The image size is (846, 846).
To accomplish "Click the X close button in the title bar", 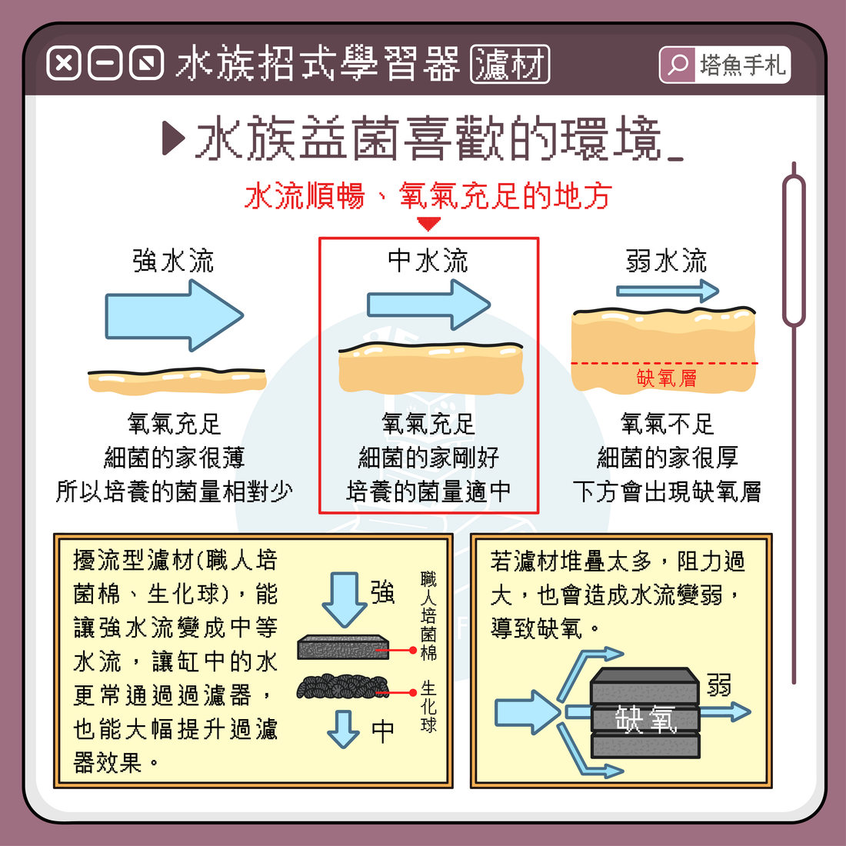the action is tap(64, 64).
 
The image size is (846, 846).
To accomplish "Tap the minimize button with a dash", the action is tap(105, 64).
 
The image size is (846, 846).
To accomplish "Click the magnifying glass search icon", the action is tap(677, 65).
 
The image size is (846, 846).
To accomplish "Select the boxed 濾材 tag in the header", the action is tap(510, 64).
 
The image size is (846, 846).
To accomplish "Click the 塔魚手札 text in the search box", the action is tap(742, 65).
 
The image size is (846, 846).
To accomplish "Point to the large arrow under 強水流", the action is tap(174, 315).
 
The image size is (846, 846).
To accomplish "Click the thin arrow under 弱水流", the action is tap(668, 291).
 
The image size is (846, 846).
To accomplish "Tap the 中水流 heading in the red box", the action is tap(428, 261).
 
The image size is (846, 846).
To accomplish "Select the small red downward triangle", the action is tap(429, 223).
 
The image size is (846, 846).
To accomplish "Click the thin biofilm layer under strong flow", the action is tap(177, 381).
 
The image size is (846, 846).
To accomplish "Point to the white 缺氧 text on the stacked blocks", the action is tap(646, 719).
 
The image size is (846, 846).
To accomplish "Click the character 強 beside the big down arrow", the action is tap(383, 592).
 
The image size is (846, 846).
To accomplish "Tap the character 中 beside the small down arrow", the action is tap(383, 732).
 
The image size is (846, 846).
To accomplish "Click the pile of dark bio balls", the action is tap(342, 687).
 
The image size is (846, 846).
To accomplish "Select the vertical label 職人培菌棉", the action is tap(428, 616).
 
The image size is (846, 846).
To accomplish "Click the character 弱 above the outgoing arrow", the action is tap(718, 684).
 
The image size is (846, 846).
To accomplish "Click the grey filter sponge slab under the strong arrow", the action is tap(343, 647).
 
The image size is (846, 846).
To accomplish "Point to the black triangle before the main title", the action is tap(174, 138).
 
